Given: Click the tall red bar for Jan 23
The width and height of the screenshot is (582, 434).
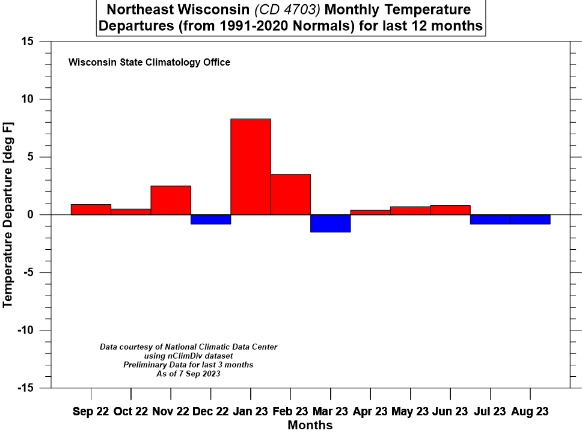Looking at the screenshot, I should click(250, 167).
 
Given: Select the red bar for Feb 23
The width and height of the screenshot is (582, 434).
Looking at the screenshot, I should click(290, 194).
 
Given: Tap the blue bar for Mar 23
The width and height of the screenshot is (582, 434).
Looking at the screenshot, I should click(330, 223).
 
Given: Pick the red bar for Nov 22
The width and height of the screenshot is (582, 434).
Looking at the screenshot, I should click(171, 200).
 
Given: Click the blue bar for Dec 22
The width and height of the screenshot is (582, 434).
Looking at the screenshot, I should click(210, 219).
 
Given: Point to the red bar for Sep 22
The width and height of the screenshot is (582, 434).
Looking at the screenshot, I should click(91, 209).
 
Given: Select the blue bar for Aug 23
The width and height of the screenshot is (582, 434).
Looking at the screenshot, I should click(530, 219).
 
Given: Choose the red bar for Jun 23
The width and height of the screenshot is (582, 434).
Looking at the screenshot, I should click(450, 210).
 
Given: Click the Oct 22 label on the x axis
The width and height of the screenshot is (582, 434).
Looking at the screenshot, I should click(130, 412).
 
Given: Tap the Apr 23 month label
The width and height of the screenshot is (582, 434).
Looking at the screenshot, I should click(370, 412).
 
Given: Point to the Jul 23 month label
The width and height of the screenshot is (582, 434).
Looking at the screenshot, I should click(490, 412).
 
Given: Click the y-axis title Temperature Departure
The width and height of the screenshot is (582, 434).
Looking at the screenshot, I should click(8, 214).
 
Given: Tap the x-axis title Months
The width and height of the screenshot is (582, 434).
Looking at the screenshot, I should click(310, 426).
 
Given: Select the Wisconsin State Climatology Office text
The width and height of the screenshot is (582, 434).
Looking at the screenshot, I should click(149, 62).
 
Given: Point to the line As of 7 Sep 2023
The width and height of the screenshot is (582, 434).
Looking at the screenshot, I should click(188, 374).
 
